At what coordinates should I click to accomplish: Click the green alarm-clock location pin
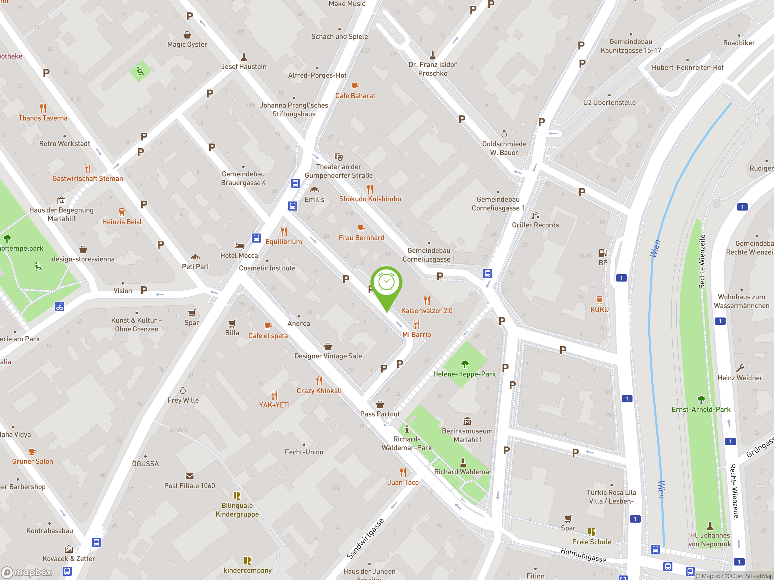point(386,283)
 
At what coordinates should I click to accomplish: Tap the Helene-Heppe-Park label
point(464,374)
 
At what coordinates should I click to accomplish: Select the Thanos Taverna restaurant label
point(43,118)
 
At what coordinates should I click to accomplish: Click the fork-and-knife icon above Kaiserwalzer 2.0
point(427,301)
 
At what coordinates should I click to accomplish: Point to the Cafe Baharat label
point(355,96)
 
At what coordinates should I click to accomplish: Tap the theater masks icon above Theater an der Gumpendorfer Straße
point(338,156)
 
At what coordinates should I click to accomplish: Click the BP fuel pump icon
point(603,253)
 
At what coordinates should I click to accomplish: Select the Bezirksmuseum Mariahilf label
point(467,435)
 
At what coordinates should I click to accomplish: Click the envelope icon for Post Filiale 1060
point(189,476)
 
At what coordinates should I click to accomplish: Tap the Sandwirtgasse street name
point(365,539)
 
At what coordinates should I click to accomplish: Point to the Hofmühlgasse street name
point(583,555)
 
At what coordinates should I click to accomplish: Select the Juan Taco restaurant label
point(403,482)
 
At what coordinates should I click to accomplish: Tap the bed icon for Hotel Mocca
point(239,246)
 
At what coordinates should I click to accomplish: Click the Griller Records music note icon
point(535,215)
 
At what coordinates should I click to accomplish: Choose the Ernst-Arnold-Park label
point(701,409)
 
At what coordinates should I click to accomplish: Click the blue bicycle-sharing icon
point(60,307)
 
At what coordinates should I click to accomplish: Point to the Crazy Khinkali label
point(319,391)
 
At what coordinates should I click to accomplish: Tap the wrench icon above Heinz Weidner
point(740,368)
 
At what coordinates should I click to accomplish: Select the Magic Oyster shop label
point(187,44)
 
